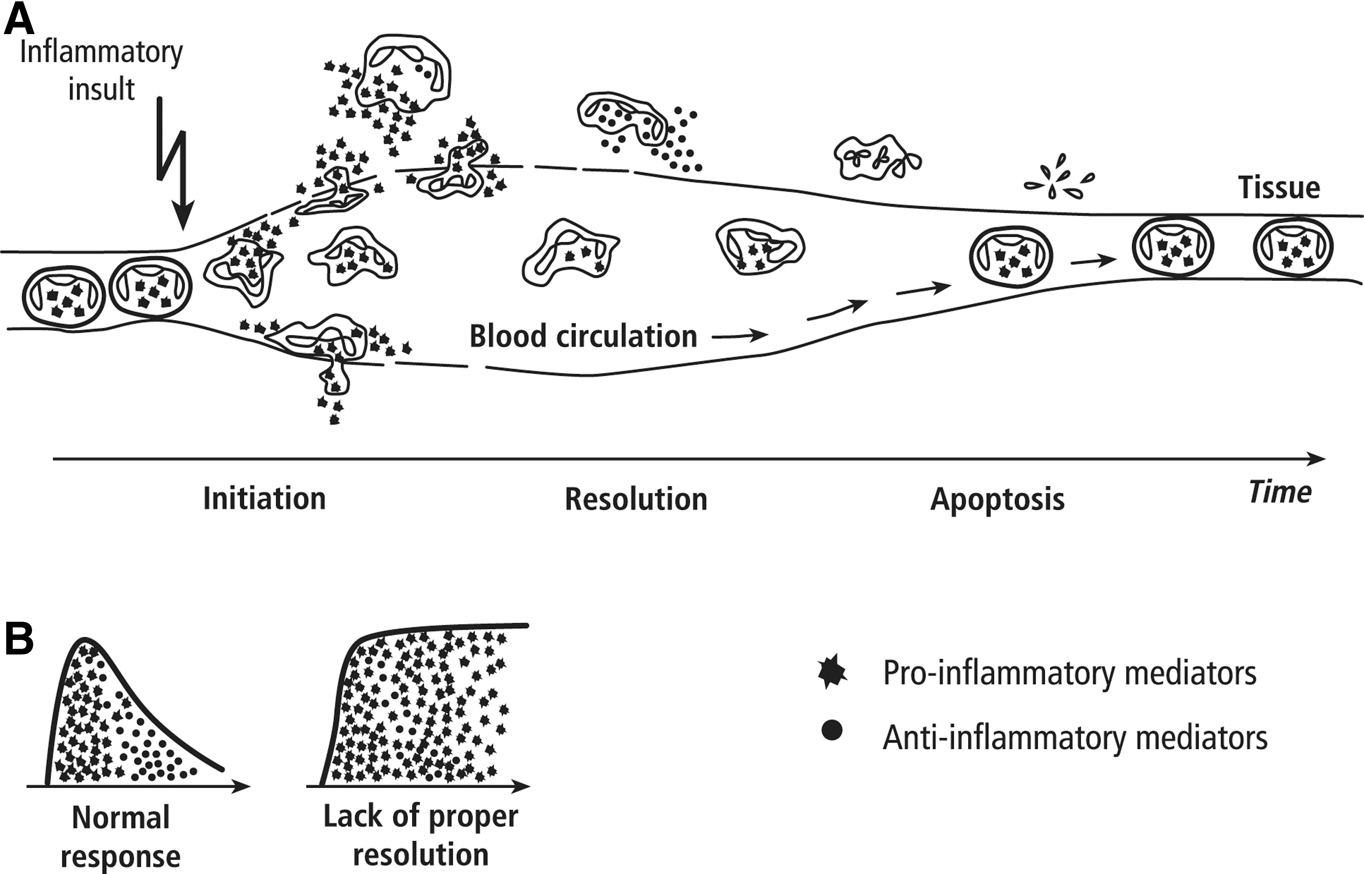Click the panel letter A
[x=18, y=20]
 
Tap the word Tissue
[x=1279, y=188]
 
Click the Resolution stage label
[x=636, y=499]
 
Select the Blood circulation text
[x=583, y=336]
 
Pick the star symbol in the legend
[x=832, y=671]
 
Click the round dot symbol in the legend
[x=832, y=730]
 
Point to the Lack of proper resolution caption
[x=421, y=835]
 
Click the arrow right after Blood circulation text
[x=740, y=336]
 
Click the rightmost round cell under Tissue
[x=1293, y=247]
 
